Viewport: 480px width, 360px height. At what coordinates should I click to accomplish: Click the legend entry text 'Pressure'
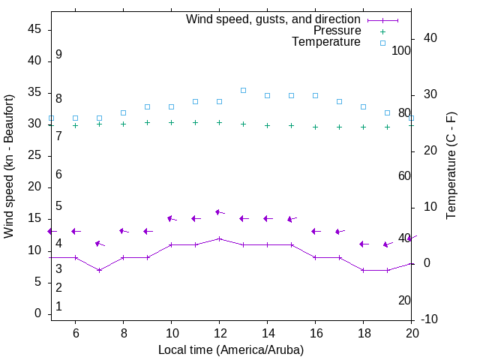337,31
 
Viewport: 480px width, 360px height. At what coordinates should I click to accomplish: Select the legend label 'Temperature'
326,42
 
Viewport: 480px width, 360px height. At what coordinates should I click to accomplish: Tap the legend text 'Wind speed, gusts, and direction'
274,19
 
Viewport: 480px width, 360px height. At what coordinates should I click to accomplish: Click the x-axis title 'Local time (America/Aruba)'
231,349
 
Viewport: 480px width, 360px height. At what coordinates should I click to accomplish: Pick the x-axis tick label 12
219,332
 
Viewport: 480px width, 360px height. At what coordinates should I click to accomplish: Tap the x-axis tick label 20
411,332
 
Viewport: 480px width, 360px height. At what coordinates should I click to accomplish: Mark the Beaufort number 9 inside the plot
58,55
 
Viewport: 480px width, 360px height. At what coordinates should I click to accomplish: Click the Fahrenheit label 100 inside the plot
401,50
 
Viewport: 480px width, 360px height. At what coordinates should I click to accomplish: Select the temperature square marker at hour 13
243,90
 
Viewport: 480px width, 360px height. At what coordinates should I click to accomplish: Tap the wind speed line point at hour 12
219,238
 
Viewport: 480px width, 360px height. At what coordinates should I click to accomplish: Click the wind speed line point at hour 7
99,270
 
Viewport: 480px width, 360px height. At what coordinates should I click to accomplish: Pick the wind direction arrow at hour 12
219,212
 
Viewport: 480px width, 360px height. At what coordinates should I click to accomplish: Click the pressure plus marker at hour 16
315,127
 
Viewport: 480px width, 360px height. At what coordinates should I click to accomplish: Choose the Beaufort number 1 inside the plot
58,307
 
